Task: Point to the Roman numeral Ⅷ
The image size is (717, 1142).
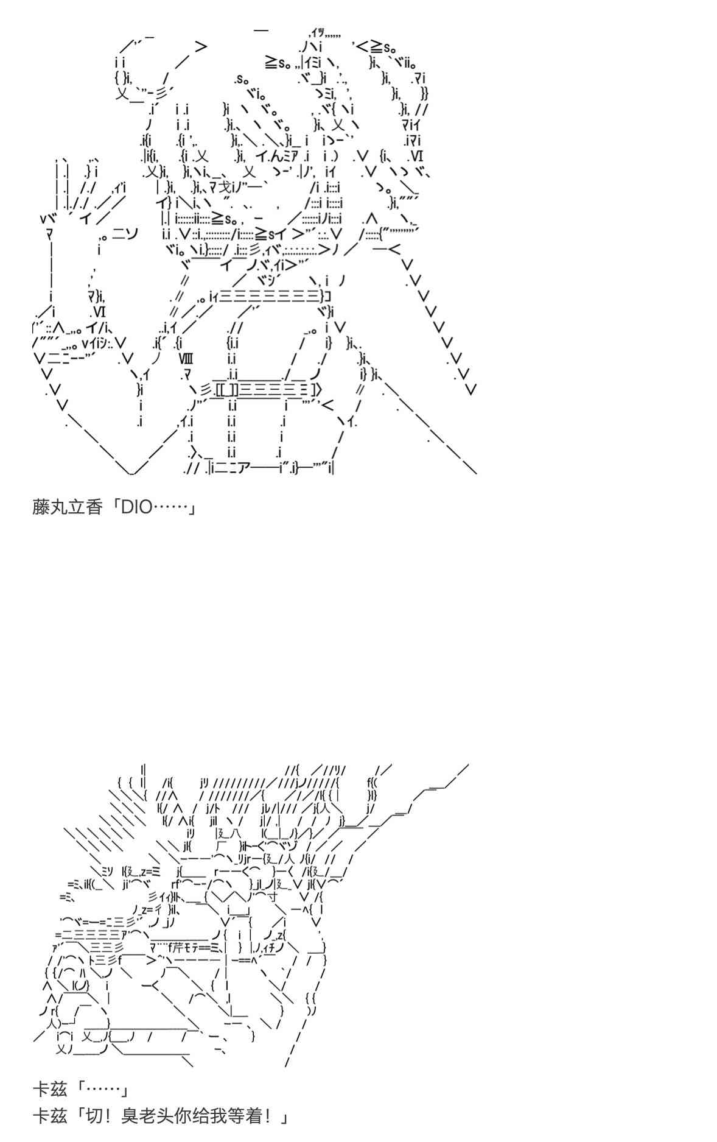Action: [x=186, y=358]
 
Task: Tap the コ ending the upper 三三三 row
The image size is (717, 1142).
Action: [x=327, y=297]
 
